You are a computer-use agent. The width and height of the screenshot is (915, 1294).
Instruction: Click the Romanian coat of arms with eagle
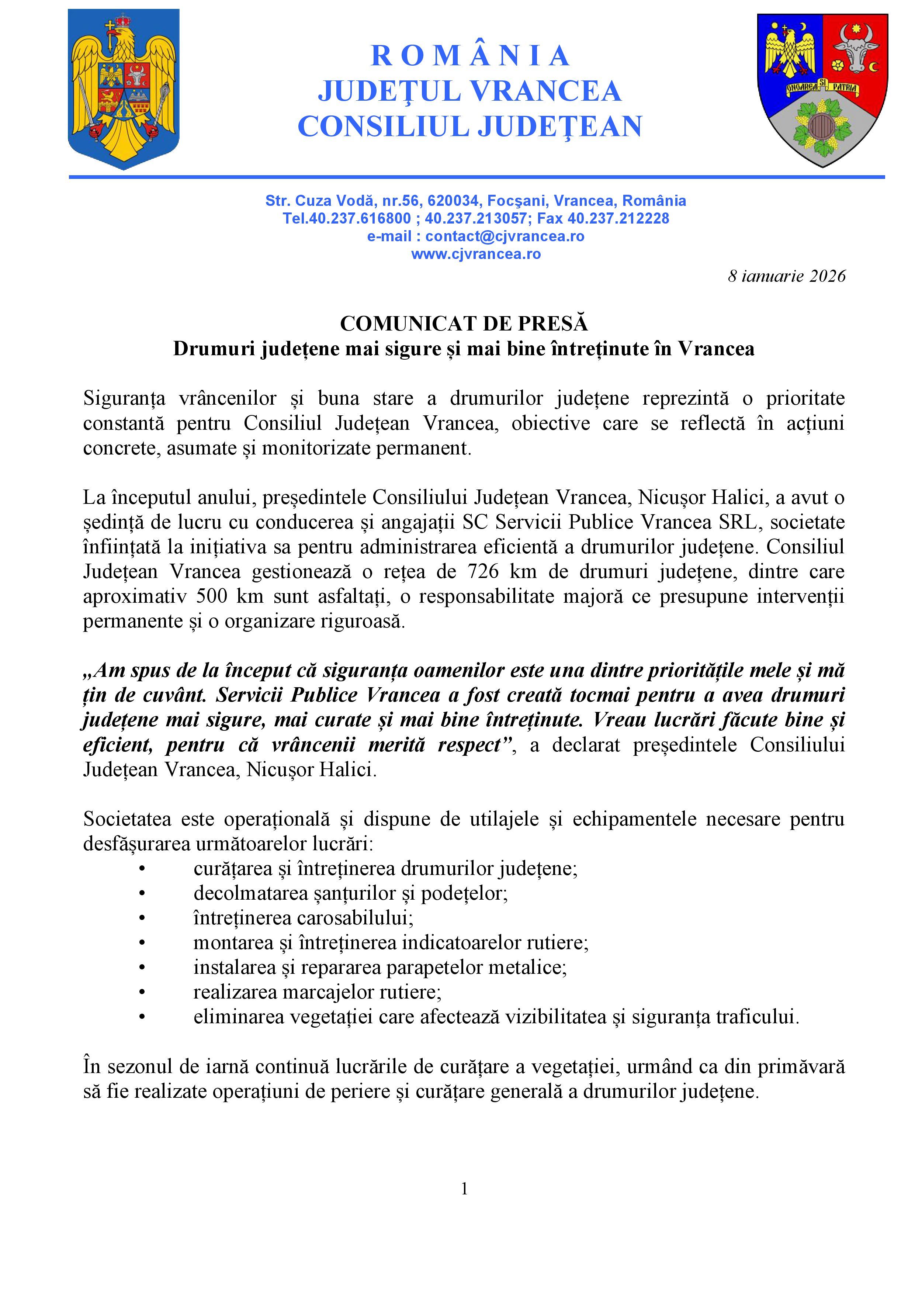click(x=124, y=89)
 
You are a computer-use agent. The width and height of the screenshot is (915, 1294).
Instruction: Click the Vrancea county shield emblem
click(x=822, y=89)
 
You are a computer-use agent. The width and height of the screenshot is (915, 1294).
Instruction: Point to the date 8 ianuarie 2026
click(x=787, y=276)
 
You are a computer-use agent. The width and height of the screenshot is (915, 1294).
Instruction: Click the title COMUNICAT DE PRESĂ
click(x=464, y=323)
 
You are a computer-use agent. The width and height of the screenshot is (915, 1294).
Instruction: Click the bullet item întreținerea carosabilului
click(x=303, y=918)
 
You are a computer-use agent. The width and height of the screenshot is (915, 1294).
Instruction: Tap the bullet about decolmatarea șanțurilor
click(x=350, y=893)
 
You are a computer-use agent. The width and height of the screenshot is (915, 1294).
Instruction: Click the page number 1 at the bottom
click(x=464, y=1189)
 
